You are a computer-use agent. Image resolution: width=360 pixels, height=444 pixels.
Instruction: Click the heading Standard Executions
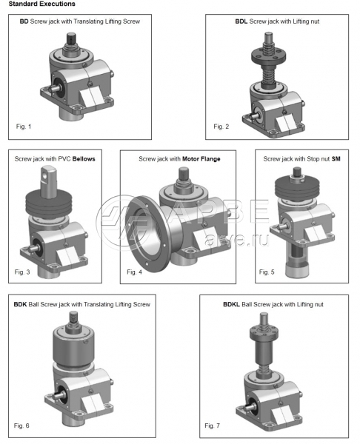[x=42, y=4]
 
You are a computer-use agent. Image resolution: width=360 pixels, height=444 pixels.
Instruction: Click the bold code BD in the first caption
[x=24, y=21]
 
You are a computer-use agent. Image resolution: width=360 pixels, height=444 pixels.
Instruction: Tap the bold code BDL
[x=241, y=21]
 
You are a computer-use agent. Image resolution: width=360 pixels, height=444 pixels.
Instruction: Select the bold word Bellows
[x=84, y=159]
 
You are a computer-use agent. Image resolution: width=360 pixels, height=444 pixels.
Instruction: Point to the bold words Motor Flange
[x=201, y=159]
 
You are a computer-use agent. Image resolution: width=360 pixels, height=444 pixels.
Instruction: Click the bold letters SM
[x=336, y=159]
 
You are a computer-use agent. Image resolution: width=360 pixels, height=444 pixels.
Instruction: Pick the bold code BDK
[x=20, y=304]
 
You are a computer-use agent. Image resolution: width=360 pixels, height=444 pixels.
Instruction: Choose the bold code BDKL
[x=231, y=304]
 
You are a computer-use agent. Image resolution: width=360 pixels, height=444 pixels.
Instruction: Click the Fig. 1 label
[x=24, y=127]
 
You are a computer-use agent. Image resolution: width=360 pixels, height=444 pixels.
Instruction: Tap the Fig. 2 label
[x=221, y=127]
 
